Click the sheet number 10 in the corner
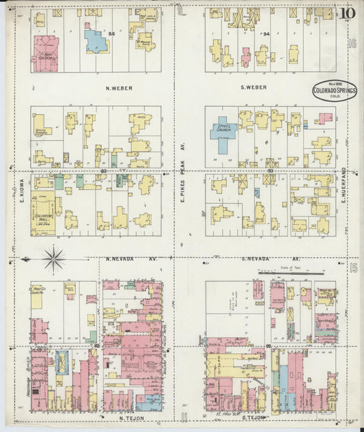pyautogui.click(x=348, y=12)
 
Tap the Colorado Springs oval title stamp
pyautogui.click(x=335, y=91)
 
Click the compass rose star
pyautogui.click(x=53, y=259)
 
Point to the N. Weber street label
pyautogui.click(x=119, y=88)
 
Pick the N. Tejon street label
pyautogui.click(x=130, y=416)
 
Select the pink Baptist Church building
pyautogui.click(x=45, y=53)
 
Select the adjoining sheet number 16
pyautogui.click(x=352, y=44)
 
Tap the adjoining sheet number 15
pyautogui.click(x=352, y=267)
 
